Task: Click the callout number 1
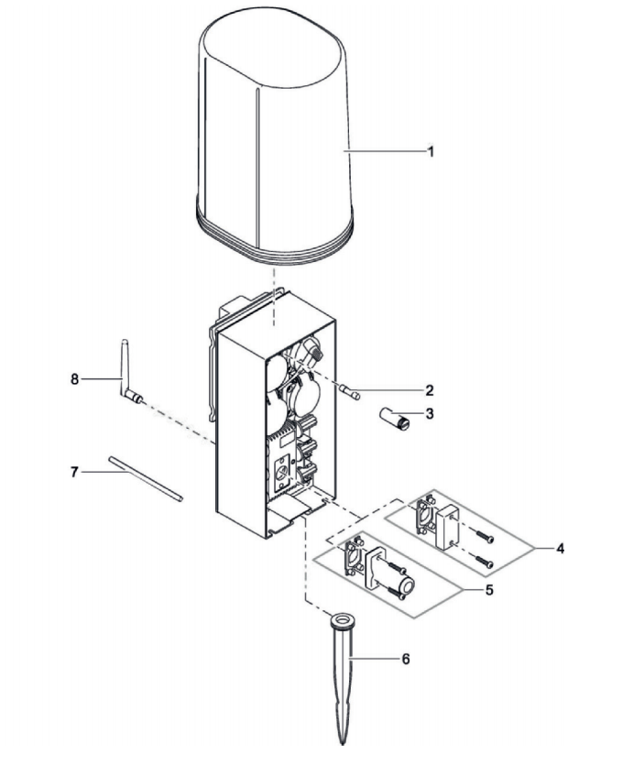pyautogui.click(x=431, y=151)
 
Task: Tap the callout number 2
pyautogui.click(x=430, y=390)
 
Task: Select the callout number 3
pyautogui.click(x=430, y=414)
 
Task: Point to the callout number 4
pyautogui.click(x=561, y=549)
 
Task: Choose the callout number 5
pyautogui.click(x=489, y=590)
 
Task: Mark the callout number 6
pyautogui.click(x=406, y=659)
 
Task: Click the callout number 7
pyautogui.click(x=74, y=472)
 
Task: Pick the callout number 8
pyautogui.click(x=74, y=379)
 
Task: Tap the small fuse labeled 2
pyautogui.click(x=351, y=393)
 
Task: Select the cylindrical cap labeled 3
pyautogui.click(x=395, y=419)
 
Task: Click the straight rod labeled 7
pyautogui.click(x=146, y=478)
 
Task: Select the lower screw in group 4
pyautogui.click(x=483, y=562)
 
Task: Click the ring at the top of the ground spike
pyautogui.click(x=343, y=621)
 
